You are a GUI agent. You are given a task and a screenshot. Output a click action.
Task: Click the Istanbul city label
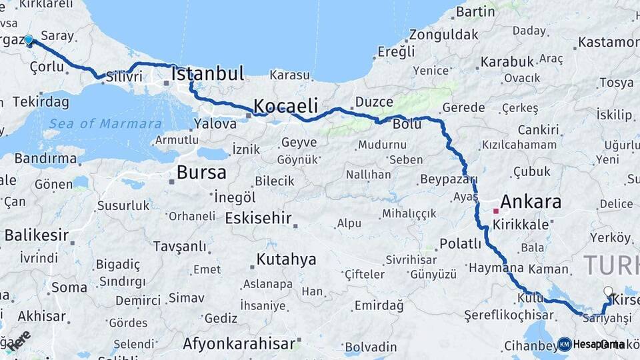point(207,73)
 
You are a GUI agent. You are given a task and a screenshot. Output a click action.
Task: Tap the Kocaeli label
point(285,106)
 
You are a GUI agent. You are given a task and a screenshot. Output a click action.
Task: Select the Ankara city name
point(531,201)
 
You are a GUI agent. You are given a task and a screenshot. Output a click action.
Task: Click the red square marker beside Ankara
point(495,211)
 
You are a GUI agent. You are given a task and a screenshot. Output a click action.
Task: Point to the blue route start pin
point(29,41)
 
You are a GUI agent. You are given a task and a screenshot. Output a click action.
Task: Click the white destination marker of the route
point(607,291)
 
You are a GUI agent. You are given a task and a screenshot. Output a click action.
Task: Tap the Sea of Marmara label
point(105,123)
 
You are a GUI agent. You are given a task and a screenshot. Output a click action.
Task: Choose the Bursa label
point(201,173)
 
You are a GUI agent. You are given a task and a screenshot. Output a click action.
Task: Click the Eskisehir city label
point(259,218)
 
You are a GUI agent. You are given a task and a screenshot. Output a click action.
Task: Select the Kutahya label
point(286,259)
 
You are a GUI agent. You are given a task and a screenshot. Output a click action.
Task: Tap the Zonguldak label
point(444,34)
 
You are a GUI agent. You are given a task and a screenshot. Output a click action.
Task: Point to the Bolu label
point(407,124)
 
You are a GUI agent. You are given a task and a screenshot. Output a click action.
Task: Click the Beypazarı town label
point(449,179)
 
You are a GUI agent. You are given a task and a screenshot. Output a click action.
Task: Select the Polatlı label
point(460,244)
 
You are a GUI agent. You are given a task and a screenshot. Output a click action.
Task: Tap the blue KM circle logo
point(564,344)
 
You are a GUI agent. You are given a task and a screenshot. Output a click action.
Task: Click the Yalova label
point(215,123)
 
